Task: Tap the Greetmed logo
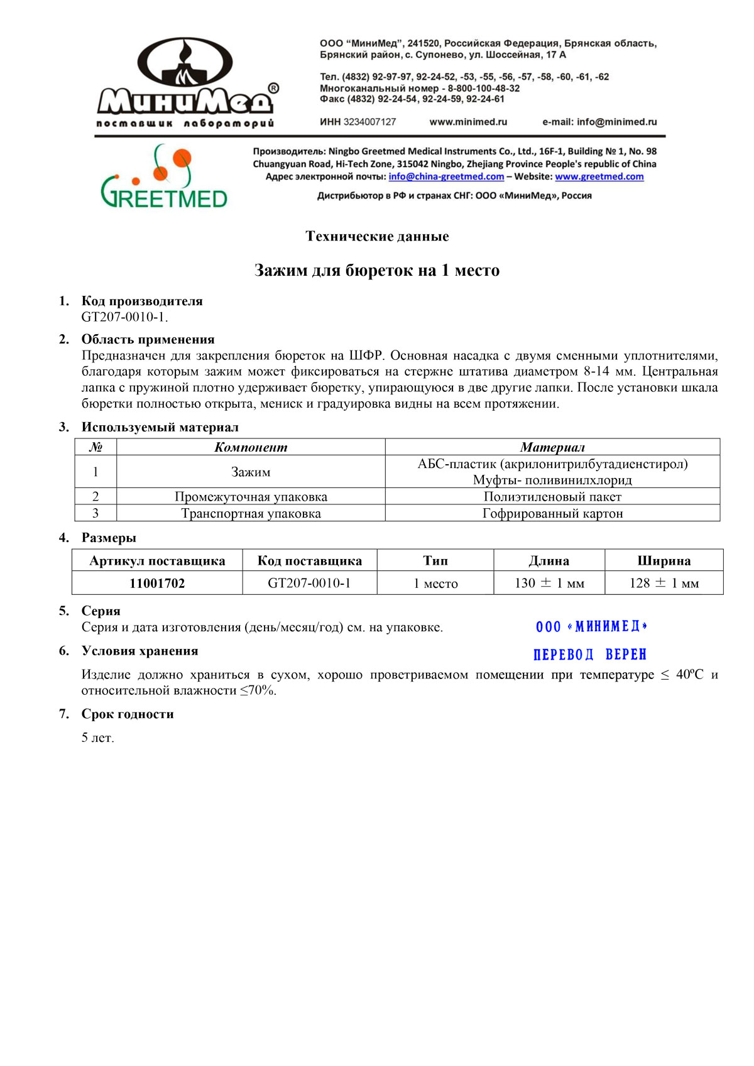pos(164,178)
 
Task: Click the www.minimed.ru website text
pos(468,122)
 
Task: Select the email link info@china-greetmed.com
pos(446,177)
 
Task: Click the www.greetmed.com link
pos(599,177)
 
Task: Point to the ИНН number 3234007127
pos(369,122)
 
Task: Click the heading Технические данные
pos(377,236)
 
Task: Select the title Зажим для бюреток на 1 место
pos(377,270)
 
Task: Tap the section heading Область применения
pos(148,339)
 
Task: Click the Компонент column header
pos(251,447)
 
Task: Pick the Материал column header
pos(552,447)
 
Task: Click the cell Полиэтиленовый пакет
pos(552,496)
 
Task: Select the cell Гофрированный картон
pos(552,513)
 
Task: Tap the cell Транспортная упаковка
pos(251,513)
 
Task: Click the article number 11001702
pos(157,583)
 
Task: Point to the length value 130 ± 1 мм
pos(549,583)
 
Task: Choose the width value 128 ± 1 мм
pos(664,583)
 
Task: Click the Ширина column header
pos(664,560)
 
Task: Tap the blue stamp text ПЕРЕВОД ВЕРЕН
pos(590,655)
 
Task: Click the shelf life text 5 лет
pos(98,737)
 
